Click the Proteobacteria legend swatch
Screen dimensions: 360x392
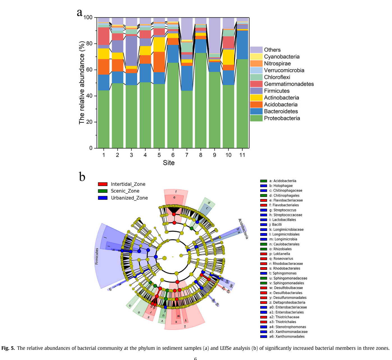click(256, 118)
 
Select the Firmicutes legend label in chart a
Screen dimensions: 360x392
click(276, 91)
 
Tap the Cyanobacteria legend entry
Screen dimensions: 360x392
click(282, 57)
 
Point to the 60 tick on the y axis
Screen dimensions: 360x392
click(89, 70)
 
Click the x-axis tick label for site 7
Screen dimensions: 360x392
click(187, 155)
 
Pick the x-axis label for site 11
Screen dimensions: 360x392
click(242, 155)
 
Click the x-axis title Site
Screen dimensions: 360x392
click(169, 163)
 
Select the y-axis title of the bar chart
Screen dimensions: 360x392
click(82, 83)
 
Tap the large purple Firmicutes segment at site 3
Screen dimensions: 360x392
click(131, 51)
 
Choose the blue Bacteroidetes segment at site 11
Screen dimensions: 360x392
click(242, 45)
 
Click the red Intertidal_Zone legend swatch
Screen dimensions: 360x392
click(103, 184)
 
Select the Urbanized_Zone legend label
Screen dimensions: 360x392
click(129, 198)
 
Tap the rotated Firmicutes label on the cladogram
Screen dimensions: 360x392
click(97, 256)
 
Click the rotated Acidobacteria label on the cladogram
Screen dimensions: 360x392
click(243, 229)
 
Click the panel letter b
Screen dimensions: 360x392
click(82, 177)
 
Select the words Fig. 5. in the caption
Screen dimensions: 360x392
click(8, 348)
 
